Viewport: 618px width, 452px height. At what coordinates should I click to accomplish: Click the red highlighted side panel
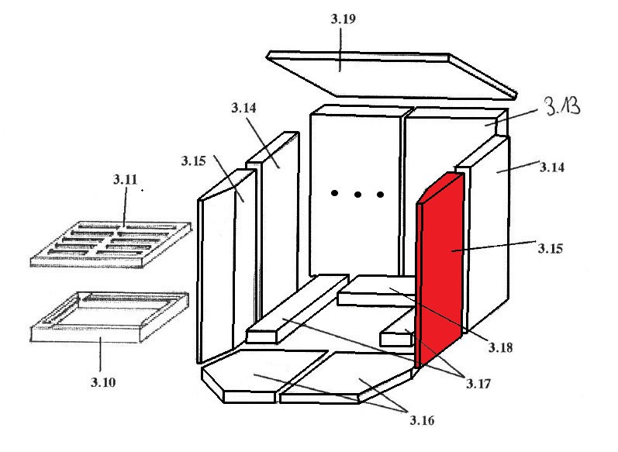(x=440, y=270)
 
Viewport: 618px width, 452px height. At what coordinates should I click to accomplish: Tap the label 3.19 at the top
(x=344, y=19)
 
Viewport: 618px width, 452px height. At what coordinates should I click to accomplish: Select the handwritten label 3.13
(x=562, y=105)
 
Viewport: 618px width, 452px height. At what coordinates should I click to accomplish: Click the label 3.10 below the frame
(x=103, y=382)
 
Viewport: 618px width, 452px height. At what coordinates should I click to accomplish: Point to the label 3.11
(x=126, y=180)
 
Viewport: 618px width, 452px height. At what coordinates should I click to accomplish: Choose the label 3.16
(x=422, y=420)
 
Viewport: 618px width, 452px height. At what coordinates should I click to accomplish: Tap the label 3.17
(x=478, y=384)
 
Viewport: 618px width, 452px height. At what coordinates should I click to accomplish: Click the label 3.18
(x=501, y=347)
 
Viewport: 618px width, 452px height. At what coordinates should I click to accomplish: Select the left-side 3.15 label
(x=194, y=160)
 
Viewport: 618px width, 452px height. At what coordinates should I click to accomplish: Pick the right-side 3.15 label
(x=551, y=248)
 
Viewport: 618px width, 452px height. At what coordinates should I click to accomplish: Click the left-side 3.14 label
(x=243, y=108)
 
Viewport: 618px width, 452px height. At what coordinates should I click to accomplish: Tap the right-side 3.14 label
(x=552, y=167)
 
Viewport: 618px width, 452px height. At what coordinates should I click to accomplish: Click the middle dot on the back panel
(x=357, y=195)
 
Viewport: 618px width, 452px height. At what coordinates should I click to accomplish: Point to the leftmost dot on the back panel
(x=334, y=193)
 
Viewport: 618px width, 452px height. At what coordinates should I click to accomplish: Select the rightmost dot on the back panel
(x=381, y=195)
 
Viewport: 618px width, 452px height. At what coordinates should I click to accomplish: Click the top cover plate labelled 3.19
(x=392, y=75)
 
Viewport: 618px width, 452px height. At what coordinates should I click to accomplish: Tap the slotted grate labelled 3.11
(x=111, y=245)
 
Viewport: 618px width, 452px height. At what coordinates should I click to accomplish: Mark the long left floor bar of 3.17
(x=297, y=309)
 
